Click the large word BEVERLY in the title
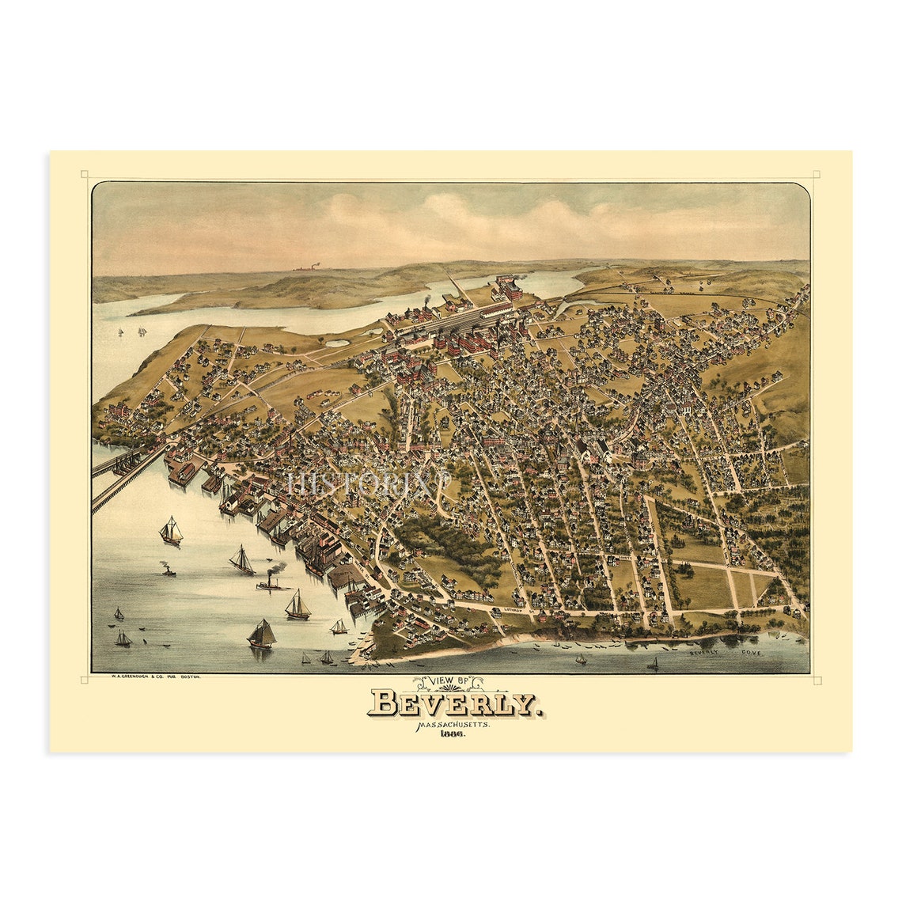[454, 703]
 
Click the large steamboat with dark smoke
[272, 582]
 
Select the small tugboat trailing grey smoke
[168, 570]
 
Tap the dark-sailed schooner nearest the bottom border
[262, 635]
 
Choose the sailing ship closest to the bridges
[170, 531]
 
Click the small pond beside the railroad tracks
[338, 343]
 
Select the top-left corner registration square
[85, 175]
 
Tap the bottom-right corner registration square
[816, 680]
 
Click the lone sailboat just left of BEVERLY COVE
[654, 665]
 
